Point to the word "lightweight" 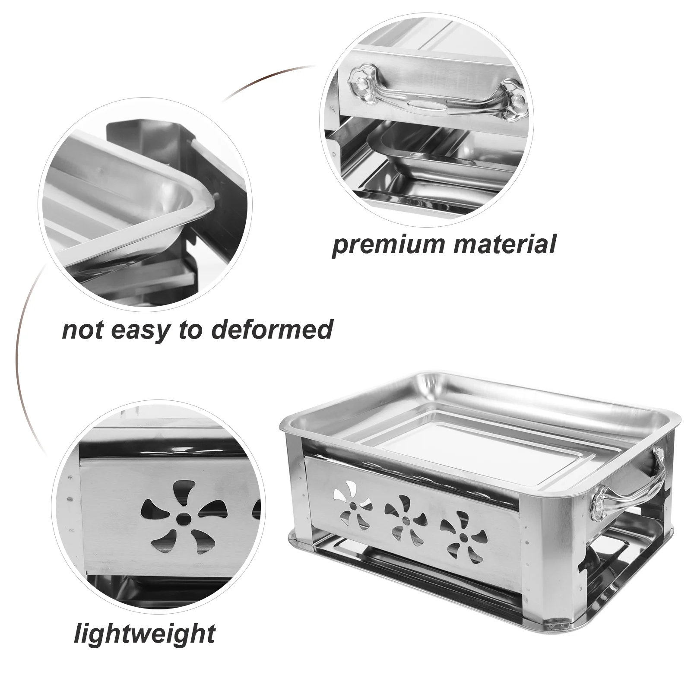tap(145, 634)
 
